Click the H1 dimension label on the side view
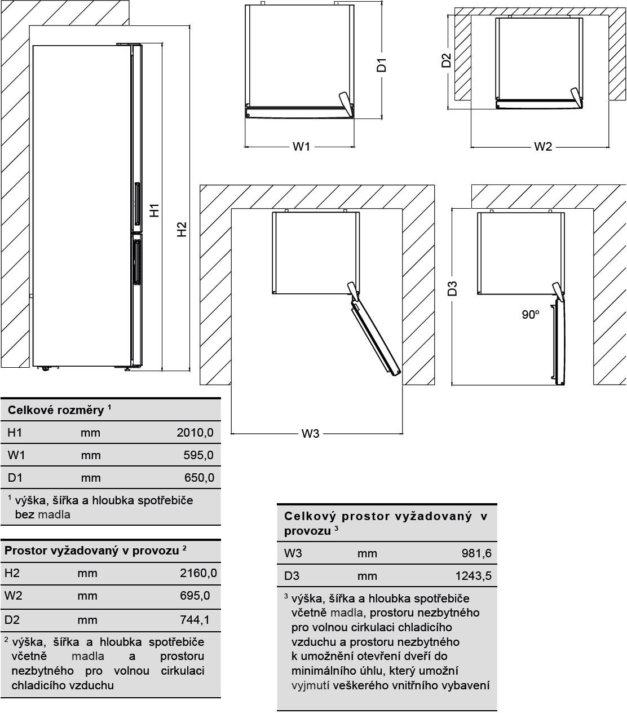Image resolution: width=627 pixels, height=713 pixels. (x=154, y=210)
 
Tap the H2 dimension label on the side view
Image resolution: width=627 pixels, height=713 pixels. (x=181, y=229)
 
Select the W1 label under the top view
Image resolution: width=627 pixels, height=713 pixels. (x=301, y=147)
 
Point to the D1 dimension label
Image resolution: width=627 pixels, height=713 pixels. (x=382, y=65)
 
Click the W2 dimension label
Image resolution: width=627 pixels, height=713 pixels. (x=542, y=147)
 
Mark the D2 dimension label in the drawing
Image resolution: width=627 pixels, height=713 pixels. (x=446, y=60)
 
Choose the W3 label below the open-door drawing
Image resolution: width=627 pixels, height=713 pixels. (x=310, y=433)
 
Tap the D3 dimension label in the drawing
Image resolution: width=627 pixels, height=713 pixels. (x=452, y=288)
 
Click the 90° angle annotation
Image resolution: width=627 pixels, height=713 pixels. (x=530, y=315)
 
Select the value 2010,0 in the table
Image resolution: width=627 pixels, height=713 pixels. (x=195, y=433)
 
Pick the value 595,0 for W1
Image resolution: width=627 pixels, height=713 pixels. (x=198, y=455)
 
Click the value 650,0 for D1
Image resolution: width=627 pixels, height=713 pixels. (x=199, y=478)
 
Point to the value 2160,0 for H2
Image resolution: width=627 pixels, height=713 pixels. (x=198, y=573)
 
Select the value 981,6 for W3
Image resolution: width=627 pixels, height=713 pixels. (x=476, y=553)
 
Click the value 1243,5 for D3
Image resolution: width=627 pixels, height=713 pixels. (x=473, y=576)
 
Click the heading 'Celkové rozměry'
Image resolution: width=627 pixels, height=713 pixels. (x=56, y=410)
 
